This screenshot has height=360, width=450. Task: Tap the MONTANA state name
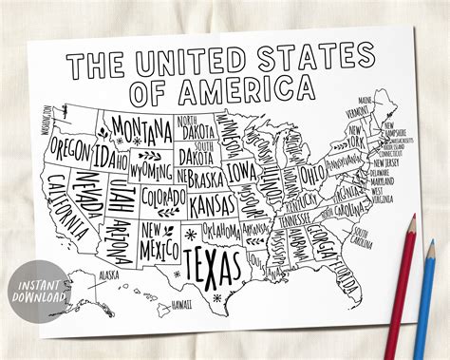pyautogui.click(x=141, y=126)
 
